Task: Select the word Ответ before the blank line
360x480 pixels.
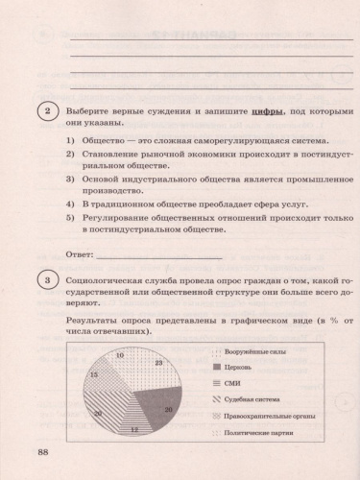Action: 80,255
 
